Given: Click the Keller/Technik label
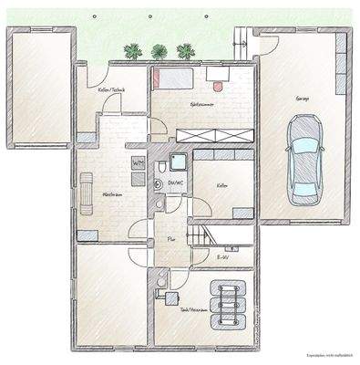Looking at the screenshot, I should [x=111, y=89].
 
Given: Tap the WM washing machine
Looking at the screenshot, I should [x=139, y=163].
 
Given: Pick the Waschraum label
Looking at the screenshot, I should [x=112, y=194].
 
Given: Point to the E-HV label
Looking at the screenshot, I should [x=222, y=259].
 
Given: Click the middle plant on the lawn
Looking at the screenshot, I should [x=159, y=52].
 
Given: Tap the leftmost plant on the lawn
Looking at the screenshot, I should [x=135, y=52].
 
